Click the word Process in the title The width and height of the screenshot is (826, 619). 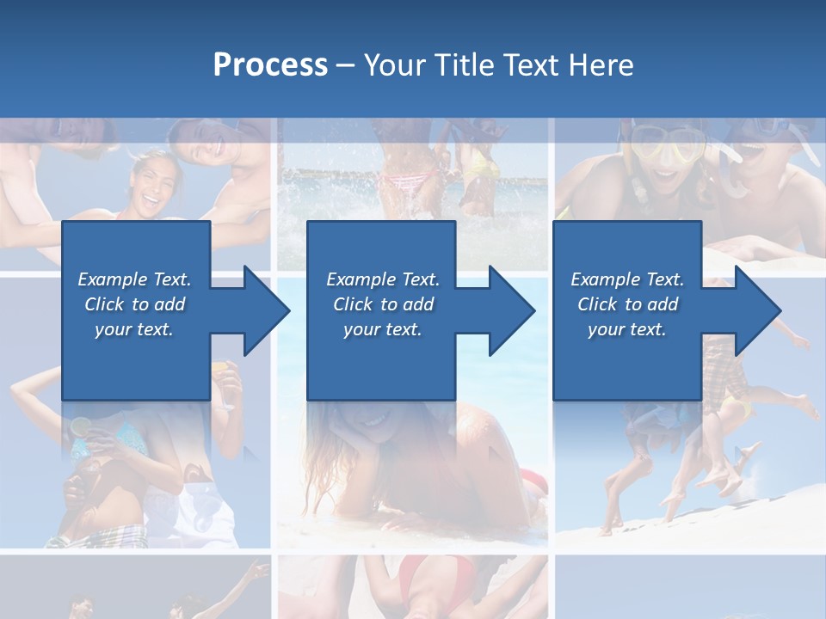point(270,65)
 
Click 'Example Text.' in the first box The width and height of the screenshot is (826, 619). point(135,279)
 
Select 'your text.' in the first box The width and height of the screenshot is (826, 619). point(135,329)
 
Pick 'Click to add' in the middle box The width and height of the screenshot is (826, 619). point(383,304)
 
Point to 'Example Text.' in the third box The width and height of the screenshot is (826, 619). point(627,279)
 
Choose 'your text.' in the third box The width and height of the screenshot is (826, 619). point(627,329)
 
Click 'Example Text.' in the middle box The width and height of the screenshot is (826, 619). point(383,279)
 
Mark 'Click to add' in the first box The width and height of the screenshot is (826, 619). point(135,304)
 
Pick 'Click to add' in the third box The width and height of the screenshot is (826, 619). point(627,304)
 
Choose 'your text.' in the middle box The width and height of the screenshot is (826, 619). point(383,329)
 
